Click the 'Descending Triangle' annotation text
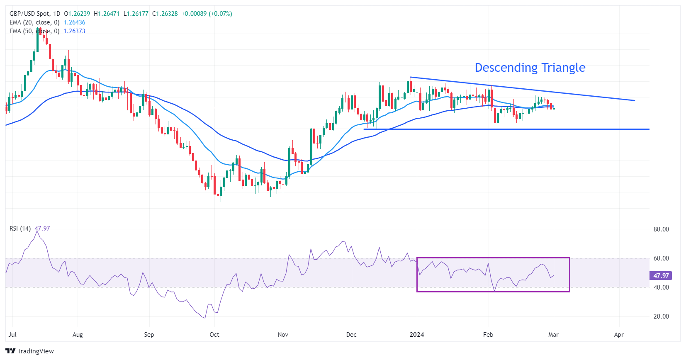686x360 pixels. [x=530, y=68]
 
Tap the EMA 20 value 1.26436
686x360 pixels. [x=74, y=22]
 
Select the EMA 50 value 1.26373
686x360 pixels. [x=74, y=31]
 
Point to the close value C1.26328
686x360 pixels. [x=165, y=14]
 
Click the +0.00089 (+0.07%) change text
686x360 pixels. [x=207, y=14]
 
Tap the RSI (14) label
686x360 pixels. [x=20, y=229]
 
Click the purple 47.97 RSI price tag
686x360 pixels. [x=661, y=276]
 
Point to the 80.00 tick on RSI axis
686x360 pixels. [x=661, y=229]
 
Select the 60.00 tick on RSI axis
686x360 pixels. [x=661, y=258]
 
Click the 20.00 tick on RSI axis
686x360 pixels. [x=661, y=316]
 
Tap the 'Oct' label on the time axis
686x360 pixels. [x=214, y=335]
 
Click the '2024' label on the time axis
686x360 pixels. [x=417, y=335]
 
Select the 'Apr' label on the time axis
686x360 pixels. [x=619, y=335]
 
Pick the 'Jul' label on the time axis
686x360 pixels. [x=12, y=335]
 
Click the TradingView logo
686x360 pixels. [x=29, y=351]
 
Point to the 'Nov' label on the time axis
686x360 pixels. [x=283, y=335]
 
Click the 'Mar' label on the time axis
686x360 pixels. [x=553, y=335]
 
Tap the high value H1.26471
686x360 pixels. [x=107, y=14]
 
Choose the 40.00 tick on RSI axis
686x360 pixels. [x=661, y=287]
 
